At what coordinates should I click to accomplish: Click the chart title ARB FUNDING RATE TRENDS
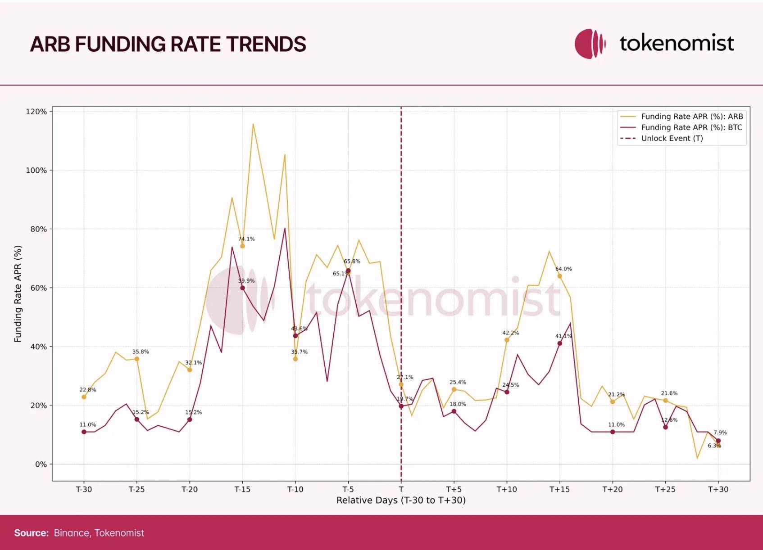[168, 44]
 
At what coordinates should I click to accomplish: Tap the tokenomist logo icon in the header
[590, 44]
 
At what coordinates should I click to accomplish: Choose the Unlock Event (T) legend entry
[672, 138]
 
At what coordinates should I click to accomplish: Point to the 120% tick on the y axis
[36, 112]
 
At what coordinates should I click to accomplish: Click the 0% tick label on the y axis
[41, 464]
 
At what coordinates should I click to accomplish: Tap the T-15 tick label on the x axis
[242, 489]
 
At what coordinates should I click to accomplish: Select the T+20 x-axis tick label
[612, 489]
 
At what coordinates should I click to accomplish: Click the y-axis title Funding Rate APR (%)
[18, 293]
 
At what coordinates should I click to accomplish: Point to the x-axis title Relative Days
[401, 500]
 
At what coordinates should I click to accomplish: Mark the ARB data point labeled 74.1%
[242, 246]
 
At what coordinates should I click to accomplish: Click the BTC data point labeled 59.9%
[242, 288]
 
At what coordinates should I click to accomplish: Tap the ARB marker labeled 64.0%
[560, 276]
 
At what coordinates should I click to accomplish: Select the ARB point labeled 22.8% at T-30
[84, 397]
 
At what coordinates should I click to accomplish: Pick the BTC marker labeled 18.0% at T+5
[454, 411]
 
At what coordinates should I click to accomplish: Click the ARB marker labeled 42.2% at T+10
[507, 340]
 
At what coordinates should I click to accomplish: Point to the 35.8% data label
[141, 352]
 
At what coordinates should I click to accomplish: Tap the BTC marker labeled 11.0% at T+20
[613, 432]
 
